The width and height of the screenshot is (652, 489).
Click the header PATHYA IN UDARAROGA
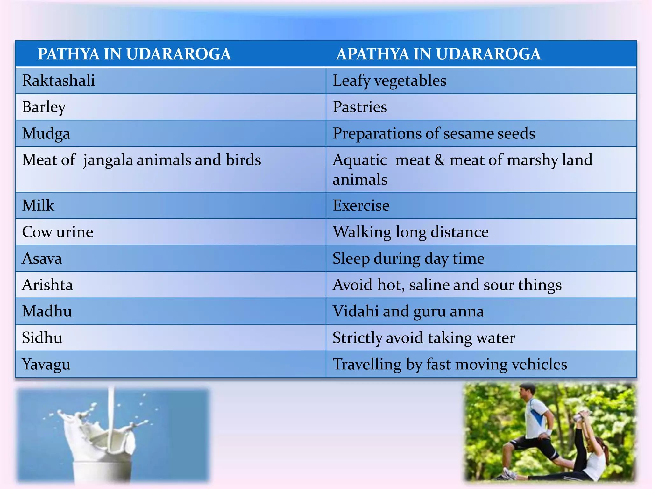(134, 54)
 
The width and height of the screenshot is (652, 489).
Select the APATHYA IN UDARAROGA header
(438, 54)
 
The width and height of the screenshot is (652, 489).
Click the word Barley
(44, 107)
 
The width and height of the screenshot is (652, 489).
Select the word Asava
(42, 259)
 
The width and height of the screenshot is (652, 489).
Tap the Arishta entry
(47, 285)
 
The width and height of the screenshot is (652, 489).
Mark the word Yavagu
(46, 365)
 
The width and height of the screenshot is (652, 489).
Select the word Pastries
(360, 107)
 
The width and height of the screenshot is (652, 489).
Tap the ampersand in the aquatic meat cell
(440, 160)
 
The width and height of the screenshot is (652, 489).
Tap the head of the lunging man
(527, 392)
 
